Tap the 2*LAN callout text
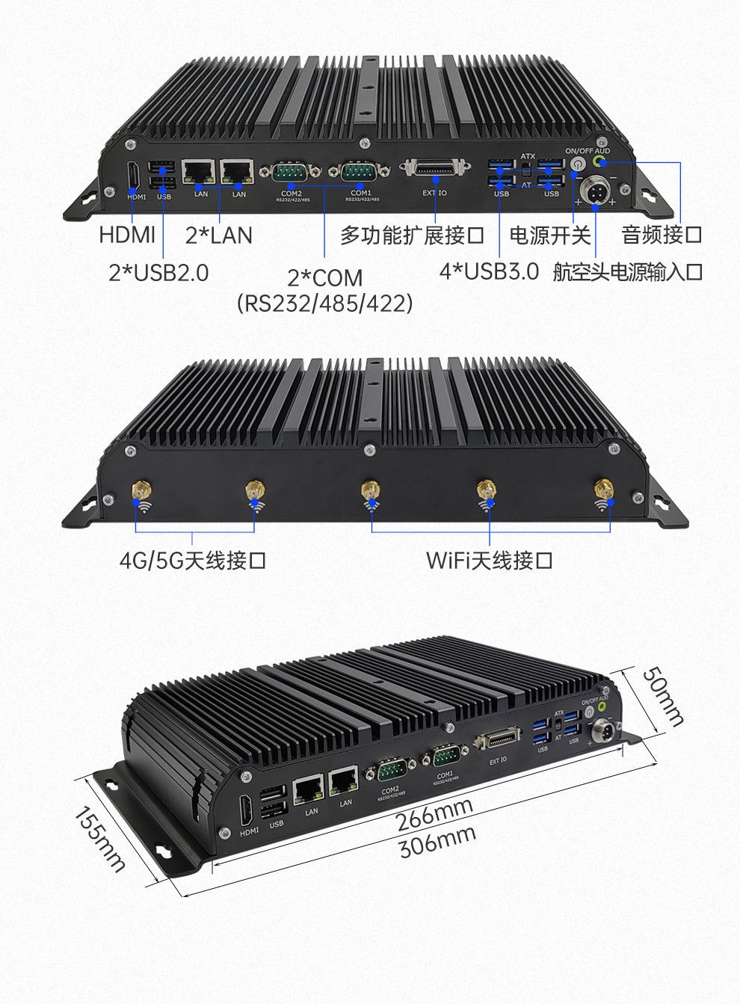click(218, 235)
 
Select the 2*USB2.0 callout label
click(158, 272)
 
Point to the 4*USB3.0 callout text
click(489, 271)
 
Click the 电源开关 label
click(550, 235)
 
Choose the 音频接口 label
click(662, 235)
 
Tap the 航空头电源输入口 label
click(628, 271)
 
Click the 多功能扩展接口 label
click(413, 235)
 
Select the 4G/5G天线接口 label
click(192, 559)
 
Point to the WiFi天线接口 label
click(490, 559)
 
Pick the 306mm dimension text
click(437, 842)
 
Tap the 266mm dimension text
click(434, 815)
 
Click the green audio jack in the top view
click(599, 161)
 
